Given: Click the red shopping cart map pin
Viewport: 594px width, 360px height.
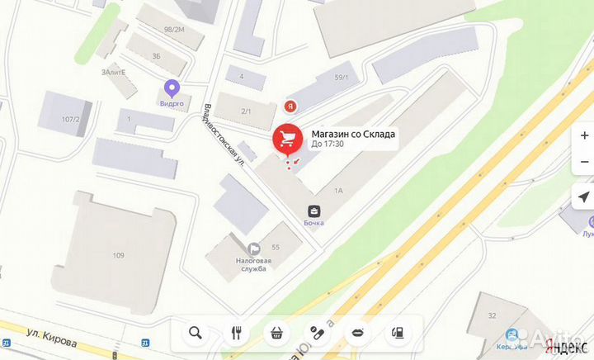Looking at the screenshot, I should click(x=287, y=140).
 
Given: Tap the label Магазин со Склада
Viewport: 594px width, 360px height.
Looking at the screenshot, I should click(x=353, y=134).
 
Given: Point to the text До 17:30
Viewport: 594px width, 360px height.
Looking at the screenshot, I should click(x=328, y=144).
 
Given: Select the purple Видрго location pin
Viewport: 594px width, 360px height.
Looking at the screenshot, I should click(x=172, y=87).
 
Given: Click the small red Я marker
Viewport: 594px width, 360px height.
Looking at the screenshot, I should click(x=290, y=106).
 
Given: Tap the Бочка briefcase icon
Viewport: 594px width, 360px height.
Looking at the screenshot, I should click(x=313, y=211).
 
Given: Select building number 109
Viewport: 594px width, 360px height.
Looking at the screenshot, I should click(x=119, y=254).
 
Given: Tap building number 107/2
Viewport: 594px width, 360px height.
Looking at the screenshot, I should click(x=69, y=120).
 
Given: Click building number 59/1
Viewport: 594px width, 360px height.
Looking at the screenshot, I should click(x=341, y=78).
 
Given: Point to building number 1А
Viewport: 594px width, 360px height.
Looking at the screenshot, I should click(x=337, y=190).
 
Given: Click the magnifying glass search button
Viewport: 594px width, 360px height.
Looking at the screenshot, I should click(x=196, y=333).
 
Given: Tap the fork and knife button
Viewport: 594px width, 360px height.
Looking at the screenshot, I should click(x=236, y=333).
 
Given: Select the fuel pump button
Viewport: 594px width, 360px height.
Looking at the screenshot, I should click(x=398, y=333).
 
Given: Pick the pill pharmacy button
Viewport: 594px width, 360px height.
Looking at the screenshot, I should click(x=317, y=333).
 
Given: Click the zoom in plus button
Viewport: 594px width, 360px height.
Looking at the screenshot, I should click(x=584, y=135).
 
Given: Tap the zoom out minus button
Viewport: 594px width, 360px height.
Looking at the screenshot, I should click(x=584, y=163).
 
